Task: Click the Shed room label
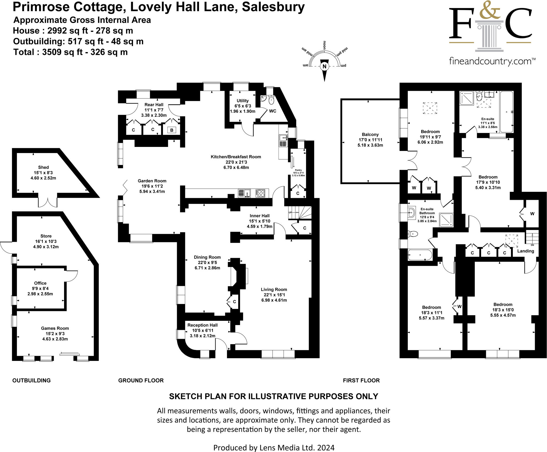[x=43, y=167]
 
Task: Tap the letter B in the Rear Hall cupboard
[x=172, y=130]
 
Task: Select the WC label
[x=272, y=111]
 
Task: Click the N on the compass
[x=325, y=67]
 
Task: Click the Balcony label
[x=370, y=134]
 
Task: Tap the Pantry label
[x=298, y=170]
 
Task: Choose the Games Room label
[x=55, y=328]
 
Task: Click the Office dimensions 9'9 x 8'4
[x=40, y=289]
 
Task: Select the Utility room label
[x=243, y=101]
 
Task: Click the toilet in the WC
[x=271, y=100]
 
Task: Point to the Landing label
[x=525, y=251]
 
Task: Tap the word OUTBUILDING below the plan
[x=31, y=380]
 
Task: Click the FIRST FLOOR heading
[x=361, y=380]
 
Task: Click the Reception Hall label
[x=202, y=325]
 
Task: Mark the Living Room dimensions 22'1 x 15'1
[x=274, y=295]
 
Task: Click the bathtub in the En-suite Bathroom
[x=420, y=255]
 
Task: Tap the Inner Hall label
[x=259, y=216]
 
